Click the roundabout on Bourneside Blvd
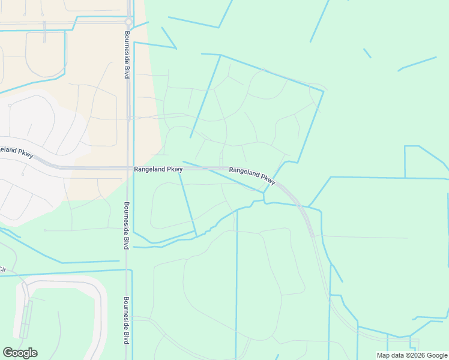(128, 22)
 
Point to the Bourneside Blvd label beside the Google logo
(127, 320)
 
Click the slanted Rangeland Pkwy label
(252, 175)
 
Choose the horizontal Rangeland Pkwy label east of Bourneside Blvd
(158, 170)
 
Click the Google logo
(20, 353)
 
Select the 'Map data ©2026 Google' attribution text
(412, 355)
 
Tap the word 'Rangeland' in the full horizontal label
(150, 170)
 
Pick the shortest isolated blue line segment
(367, 53)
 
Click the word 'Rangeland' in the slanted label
(244, 172)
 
